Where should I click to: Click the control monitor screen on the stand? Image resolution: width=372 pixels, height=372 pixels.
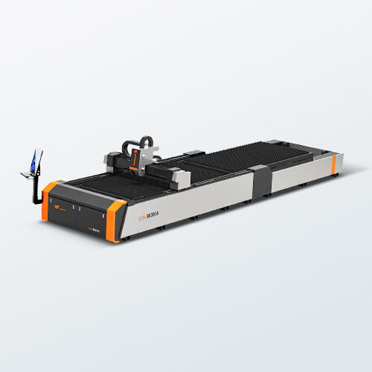coord(34,161)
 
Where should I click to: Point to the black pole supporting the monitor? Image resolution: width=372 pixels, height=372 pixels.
coord(33,190)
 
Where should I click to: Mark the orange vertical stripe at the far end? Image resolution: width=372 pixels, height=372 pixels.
coord(333,162)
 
